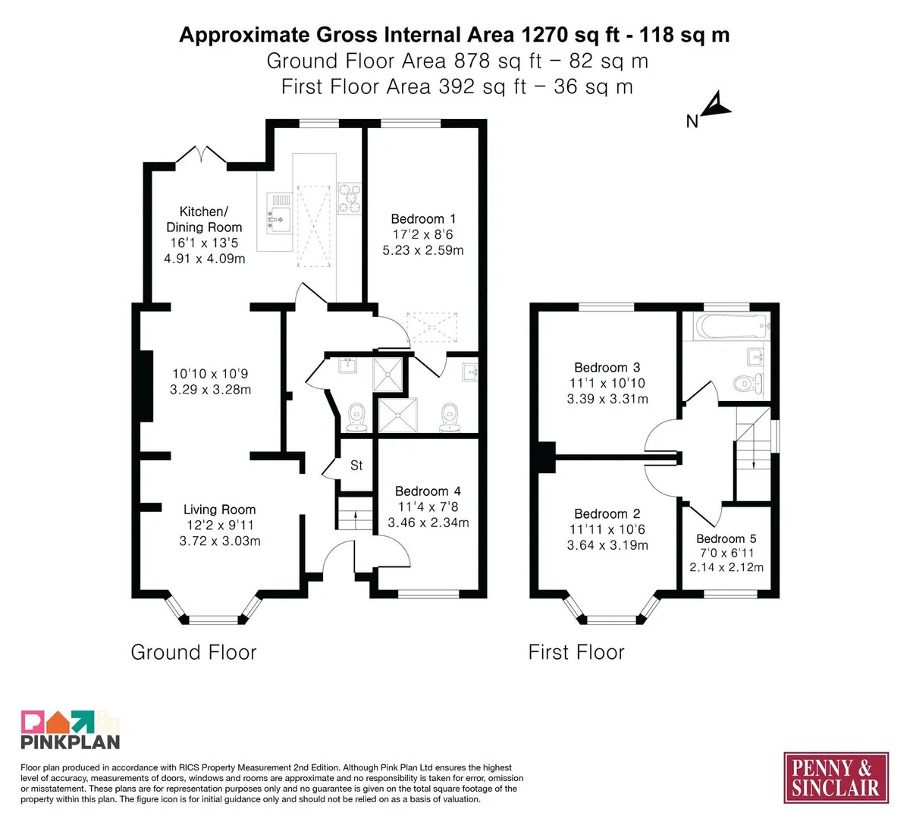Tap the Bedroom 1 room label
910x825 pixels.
pos(423,218)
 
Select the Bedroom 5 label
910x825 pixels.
pos(726,538)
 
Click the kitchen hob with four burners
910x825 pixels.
pos(350,198)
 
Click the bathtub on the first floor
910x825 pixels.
pos(730,327)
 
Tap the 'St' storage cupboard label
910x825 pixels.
pos(356,465)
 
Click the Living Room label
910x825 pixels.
pos(220,509)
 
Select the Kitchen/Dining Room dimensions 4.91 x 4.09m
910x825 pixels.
pos(205,259)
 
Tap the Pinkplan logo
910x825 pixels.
pos(71,729)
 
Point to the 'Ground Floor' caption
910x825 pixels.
pos(193,652)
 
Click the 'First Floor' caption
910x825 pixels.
pos(576,652)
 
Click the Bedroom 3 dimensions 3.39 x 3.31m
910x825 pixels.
pos(607,399)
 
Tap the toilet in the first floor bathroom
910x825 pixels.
pos(748,384)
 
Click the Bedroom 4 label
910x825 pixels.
pos(428,491)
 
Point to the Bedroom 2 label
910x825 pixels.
pos(607,513)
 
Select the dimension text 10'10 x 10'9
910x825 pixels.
pos(210,374)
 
